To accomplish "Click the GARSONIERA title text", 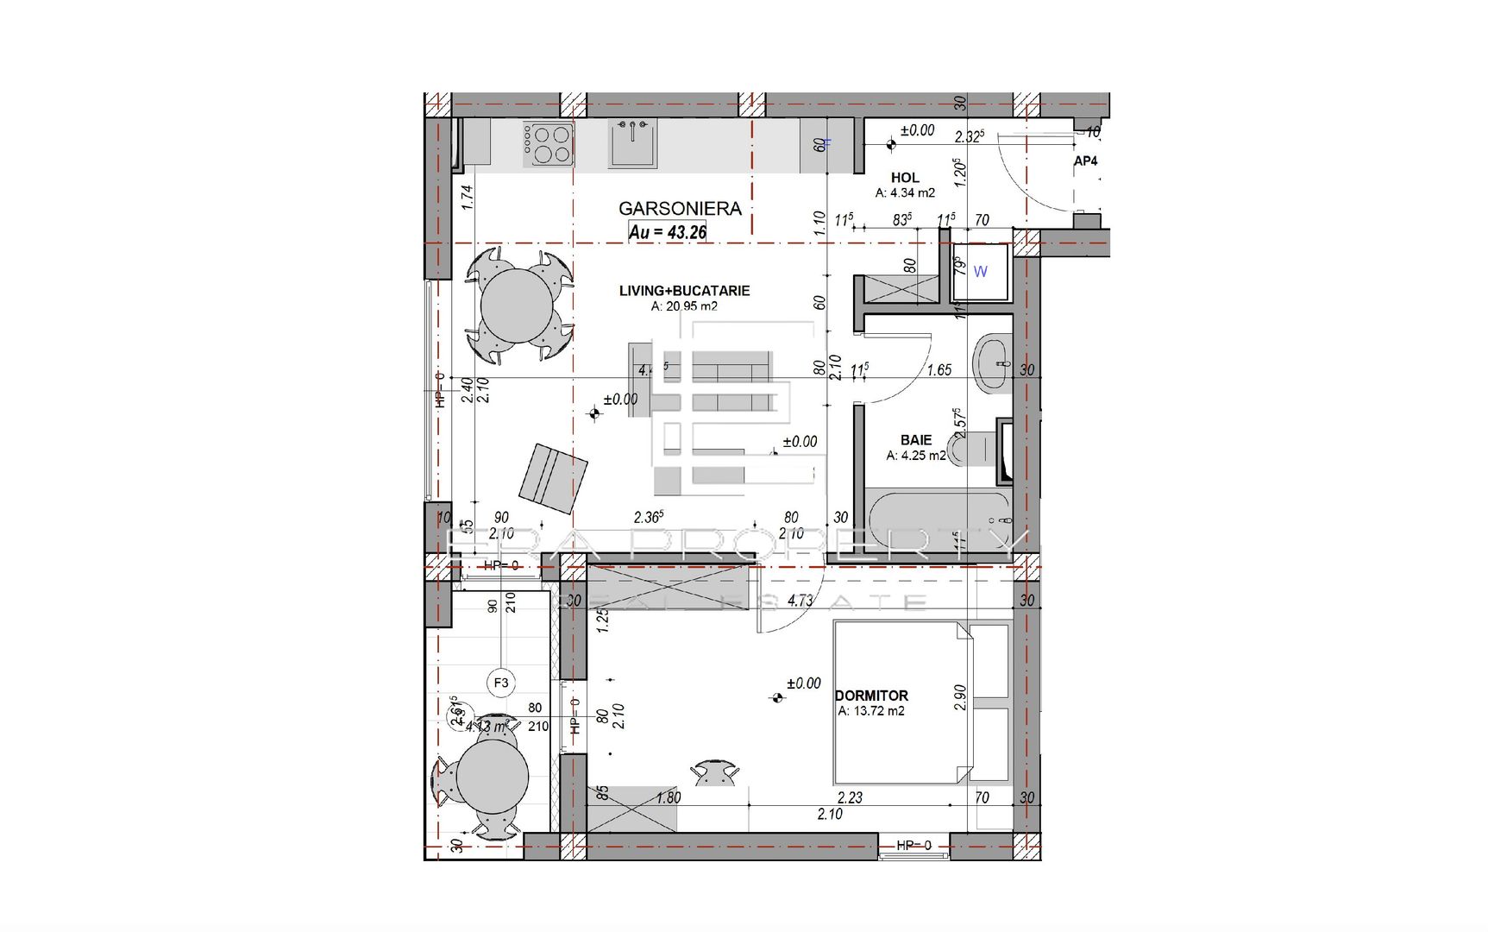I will (x=680, y=208).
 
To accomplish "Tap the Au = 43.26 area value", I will (x=668, y=231).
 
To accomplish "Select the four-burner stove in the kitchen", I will (x=549, y=144).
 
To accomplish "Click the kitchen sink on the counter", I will (x=633, y=143).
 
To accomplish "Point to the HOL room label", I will (x=905, y=177).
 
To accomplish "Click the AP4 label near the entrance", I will (x=1085, y=161).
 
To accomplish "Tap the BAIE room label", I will (x=915, y=439).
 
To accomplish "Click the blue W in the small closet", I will (x=980, y=272).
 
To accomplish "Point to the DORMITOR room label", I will (x=871, y=695).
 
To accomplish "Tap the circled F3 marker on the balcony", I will (x=501, y=683).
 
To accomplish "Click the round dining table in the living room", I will (x=516, y=305).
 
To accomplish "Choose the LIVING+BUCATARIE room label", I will (x=684, y=291).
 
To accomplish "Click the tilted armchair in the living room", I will (x=552, y=478).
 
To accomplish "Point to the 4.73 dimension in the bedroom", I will (x=800, y=600).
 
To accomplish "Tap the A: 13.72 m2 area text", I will (x=871, y=711).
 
